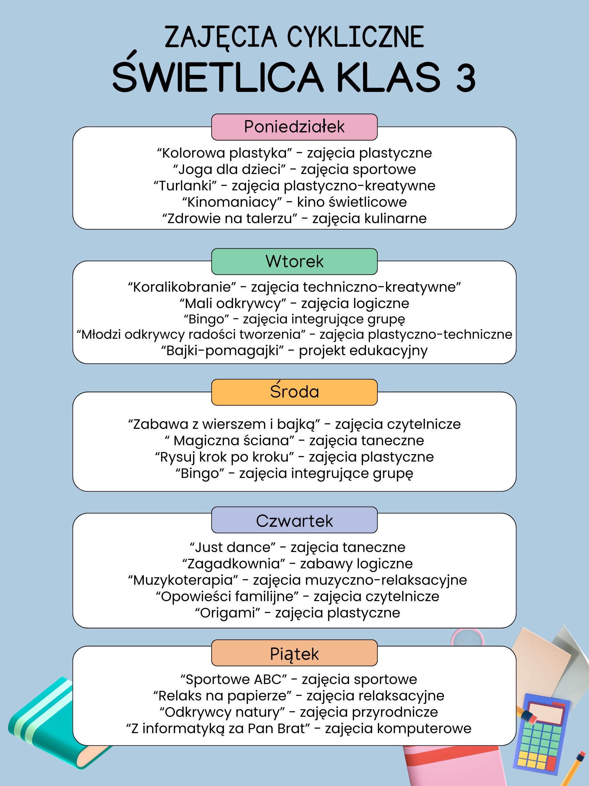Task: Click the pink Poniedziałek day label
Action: (x=294, y=127)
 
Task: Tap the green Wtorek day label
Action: (x=294, y=262)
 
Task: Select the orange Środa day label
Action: (x=294, y=392)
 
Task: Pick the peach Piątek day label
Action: (x=294, y=653)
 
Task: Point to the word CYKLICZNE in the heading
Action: (x=356, y=37)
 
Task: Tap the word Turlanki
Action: (x=185, y=186)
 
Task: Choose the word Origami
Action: (x=228, y=613)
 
